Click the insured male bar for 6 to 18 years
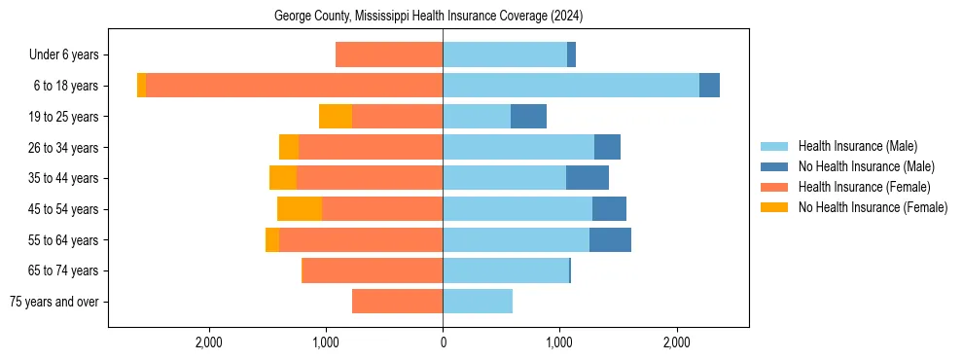[x=571, y=86]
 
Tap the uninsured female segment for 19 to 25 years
[x=336, y=117]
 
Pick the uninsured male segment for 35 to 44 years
[x=588, y=178]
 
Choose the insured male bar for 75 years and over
[x=478, y=302]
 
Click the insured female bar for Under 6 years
[x=389, y=55]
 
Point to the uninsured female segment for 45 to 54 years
[x=300, y=209]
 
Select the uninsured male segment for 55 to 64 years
[x=610, y=239]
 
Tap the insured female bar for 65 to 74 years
[x=373, y=270]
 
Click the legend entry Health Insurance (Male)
[x=857, y=146]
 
